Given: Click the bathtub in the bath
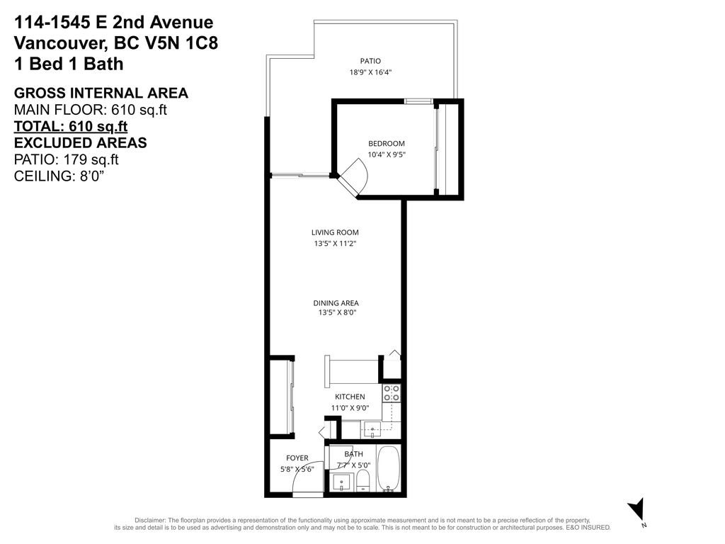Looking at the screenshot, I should [388, 468].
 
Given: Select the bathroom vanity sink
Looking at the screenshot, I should [341, 483].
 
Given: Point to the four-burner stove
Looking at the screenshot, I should [392, 393].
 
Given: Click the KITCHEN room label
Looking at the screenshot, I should [350, 397].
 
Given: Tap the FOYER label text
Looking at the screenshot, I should [297, 458].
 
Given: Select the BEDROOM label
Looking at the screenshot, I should [386, 143].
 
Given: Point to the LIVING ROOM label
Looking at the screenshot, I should [335, 232].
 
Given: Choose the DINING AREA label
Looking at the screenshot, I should [336, 302].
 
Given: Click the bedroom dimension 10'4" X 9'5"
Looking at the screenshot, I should [387, 154].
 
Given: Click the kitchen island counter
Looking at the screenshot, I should [352, 370].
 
